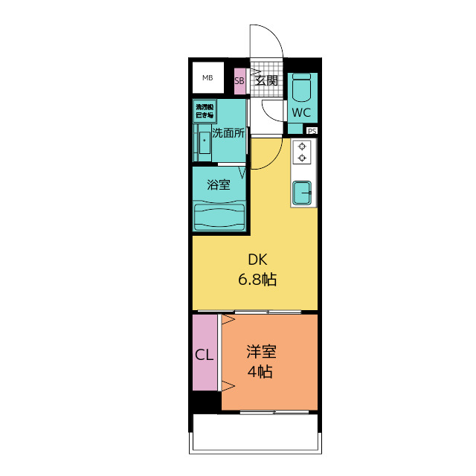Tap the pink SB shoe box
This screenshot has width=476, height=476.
(x=239, y=81)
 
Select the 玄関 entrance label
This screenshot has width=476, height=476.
(x=266, y=80)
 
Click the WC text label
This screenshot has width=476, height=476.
(x=300, y=113)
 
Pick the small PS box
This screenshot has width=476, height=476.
(x=312, y=131)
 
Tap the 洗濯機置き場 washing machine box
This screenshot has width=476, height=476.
(x=205, y=111)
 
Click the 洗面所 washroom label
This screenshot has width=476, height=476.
(x=228, y=134)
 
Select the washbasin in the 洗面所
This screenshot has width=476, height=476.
(x=203, y=141)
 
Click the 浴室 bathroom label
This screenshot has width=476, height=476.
(x=218, y=184)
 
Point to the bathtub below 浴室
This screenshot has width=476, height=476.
(x=219, y=217)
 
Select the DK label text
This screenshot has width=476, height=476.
(x=257, y=260)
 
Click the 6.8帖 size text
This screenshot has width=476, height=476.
(x=257, y=280)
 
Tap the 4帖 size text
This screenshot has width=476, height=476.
(x=260, y=371)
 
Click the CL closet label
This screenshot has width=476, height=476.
(x=205, y=355)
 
